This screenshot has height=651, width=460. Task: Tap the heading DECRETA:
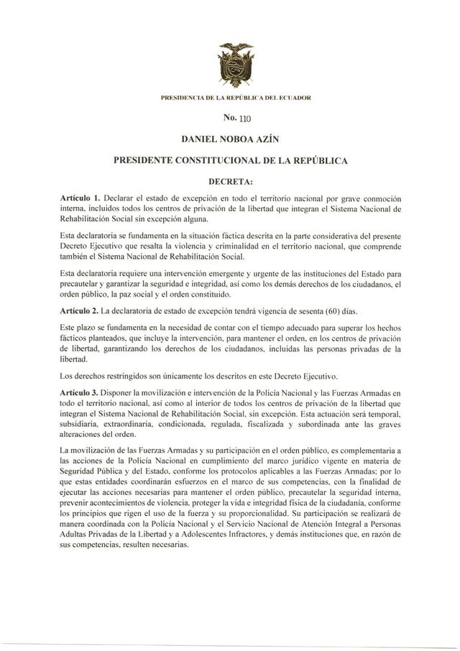pyautogui.click(x=230, y=182)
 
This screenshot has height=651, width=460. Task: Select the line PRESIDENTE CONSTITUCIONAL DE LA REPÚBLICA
pyautogui.click(x=230, y=162)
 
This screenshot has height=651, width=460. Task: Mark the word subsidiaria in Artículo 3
pyautogui.click(x=82, y=423)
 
